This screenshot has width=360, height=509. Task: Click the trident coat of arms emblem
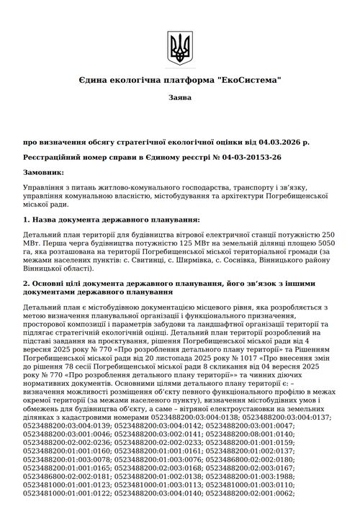coord(179,48)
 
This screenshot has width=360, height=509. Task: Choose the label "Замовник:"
coord(43,173)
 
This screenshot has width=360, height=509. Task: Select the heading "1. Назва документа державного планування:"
coord(112,219)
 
